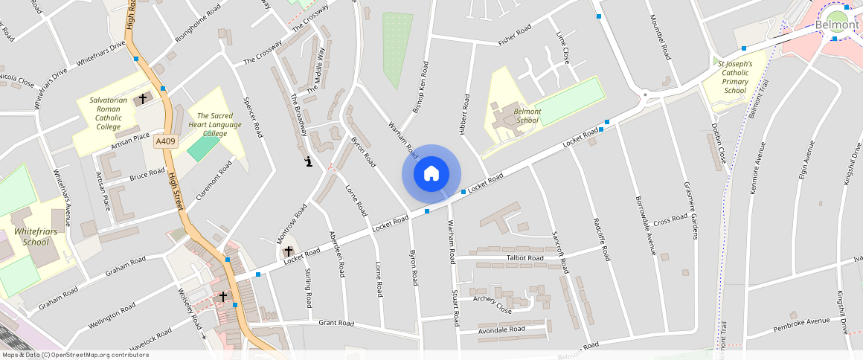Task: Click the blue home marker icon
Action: point(431,174)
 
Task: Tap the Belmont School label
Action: point(527,115)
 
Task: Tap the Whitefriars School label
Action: point(36,237)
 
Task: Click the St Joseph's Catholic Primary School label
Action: point(735,77)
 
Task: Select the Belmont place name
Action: point(837,25)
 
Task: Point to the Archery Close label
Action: point(492,304)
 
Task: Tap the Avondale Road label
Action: point(502,329)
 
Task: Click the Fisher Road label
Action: point(515,35)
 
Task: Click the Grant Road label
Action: point(336,323)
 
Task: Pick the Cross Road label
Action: point(670,219)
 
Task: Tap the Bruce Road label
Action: point(147,174)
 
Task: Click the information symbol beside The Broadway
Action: point(308,161)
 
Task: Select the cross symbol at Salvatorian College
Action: point(143,98)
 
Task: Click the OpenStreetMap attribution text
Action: point(75,355)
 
